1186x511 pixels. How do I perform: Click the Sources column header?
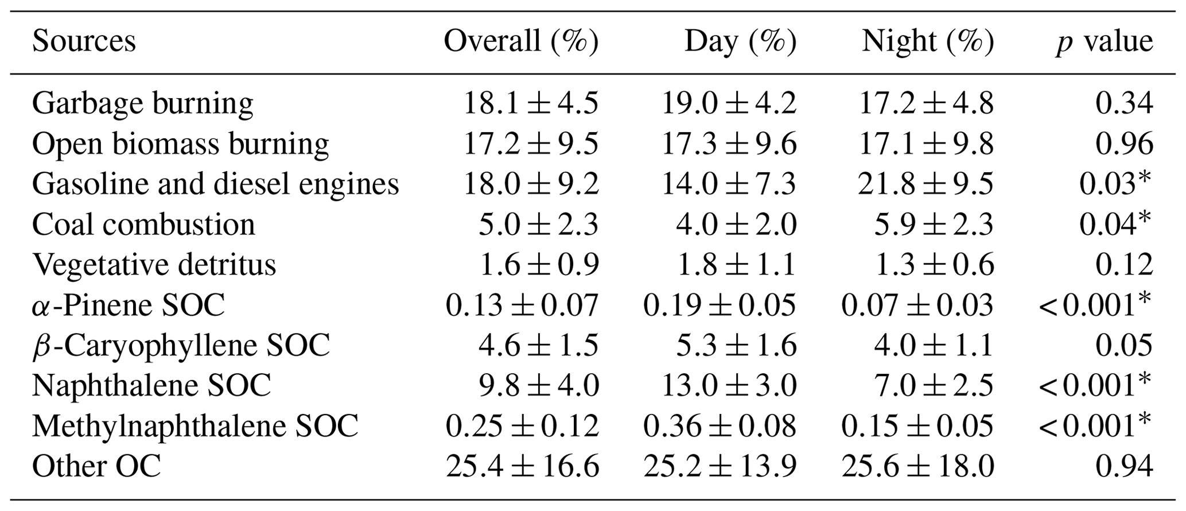coord(84,41)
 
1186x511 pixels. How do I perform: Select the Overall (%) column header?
coord(520,41)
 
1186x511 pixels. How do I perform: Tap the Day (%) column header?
coord(740,41)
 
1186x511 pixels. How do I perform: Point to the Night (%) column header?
coord(927,41)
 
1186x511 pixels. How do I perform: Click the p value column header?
coord(1104,41)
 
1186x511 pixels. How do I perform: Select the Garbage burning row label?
coord(142,103)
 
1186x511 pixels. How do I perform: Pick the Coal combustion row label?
coord(143,224)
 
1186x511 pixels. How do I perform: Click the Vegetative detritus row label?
coord(154,265)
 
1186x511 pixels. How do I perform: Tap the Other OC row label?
coord(96,466)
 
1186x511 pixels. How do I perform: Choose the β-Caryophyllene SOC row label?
coord(181,345)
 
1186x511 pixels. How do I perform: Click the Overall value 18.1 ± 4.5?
coord(530,103)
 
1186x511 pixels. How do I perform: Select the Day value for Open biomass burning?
coord(729,144)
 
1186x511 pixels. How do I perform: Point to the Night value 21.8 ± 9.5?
coord(926,184)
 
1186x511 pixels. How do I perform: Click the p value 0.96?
coord(1123,144)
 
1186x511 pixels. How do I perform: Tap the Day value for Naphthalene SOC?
coord(729,385)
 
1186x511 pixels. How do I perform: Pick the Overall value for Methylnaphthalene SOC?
coord(522,425)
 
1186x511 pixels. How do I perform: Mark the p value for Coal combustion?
coord(1114,224)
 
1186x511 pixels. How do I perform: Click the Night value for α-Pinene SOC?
coord(917,305)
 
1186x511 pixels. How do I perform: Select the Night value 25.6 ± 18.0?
coord(917,466)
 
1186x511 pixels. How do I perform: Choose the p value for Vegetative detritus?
coord(1123,265)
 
